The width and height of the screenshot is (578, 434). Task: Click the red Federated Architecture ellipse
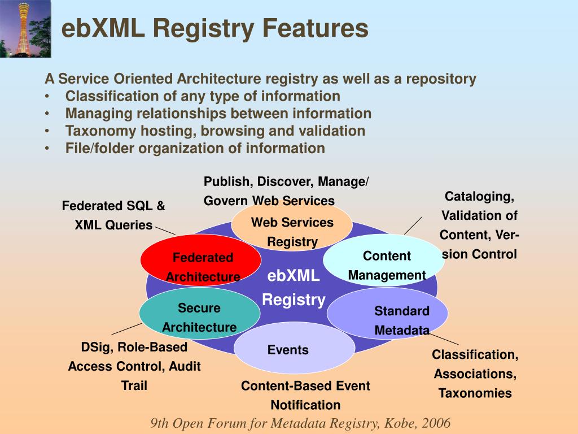(200, 260)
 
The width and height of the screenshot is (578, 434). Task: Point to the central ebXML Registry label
(294, 288)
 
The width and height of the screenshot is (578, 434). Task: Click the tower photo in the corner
(25, 29)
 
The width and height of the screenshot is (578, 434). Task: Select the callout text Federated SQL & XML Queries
(113, 215)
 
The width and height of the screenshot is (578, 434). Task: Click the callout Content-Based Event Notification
(305, 395)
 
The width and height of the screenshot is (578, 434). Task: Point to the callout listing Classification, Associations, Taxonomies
(475, 374)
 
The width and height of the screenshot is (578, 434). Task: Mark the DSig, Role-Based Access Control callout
(134, 366)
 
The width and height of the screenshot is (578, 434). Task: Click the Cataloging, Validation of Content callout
(479, 225)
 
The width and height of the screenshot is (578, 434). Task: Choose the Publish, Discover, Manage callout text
(286, 191)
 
